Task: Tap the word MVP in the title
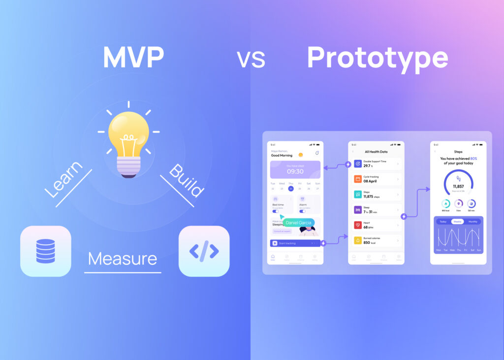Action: pyautogui.click(x=133, y=59)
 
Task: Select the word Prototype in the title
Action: pyautogui.click(x=377, y=59)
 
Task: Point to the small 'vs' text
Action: pyautogui.click(x=251, y=60)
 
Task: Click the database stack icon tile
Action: pyautogui.click(x=46, y=251)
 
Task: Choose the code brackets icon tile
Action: pyautogui.click(x=204, y=251)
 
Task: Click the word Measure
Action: pyautogui.click(x=123, y=259)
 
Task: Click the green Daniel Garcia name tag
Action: pyautogui.click(x=299, y=223)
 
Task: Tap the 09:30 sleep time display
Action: pyautogui.click(x=295, y=171)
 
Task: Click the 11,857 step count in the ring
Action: pyautogui.click(x=458, y=187)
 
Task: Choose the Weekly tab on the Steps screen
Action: pyautogui.click(x=458, y=222)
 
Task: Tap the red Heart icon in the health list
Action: pyautogui.click(x=358, y=225)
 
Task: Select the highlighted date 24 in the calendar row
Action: pyautogui.click(x=291, y=189)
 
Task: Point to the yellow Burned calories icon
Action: pyautogui.click(x=358, y=241)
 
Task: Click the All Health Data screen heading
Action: pyautogui.click(x=376, y=152)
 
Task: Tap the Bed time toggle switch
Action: pyautogui.click(x=275, y=211)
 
